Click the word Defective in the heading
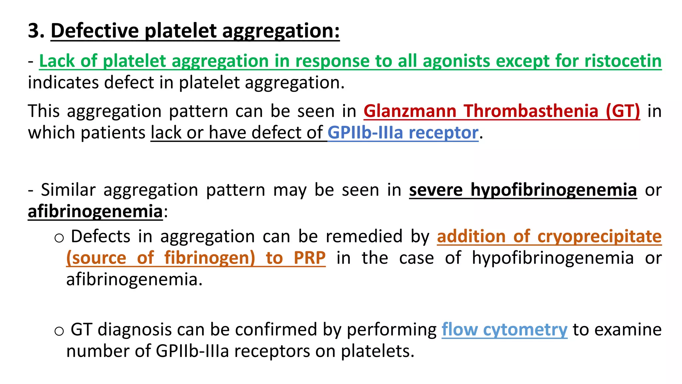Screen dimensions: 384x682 click(95, 31)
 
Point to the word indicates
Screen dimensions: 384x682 click(63, 82)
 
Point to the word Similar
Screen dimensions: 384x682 click(68, 190)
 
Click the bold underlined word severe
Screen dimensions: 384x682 click(436, 190)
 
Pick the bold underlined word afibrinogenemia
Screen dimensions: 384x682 click(95, 211)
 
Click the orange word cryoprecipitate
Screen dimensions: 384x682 click(599, 237)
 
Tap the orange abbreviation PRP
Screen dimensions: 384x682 click(309, 258)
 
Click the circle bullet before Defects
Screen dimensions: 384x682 click(59, 238)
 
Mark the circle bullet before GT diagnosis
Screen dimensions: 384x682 click(59, 331)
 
